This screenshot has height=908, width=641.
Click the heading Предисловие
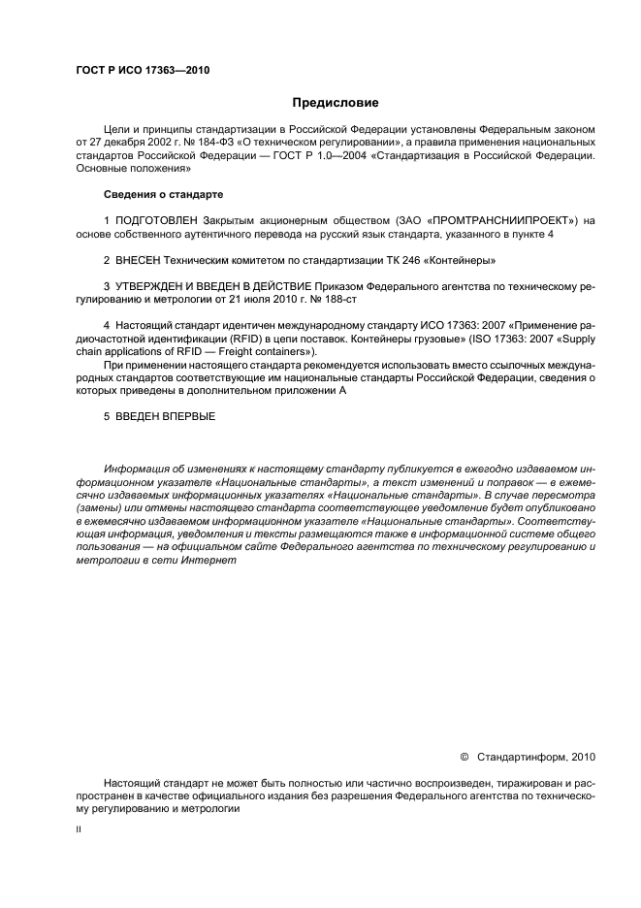tap(337, 102)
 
